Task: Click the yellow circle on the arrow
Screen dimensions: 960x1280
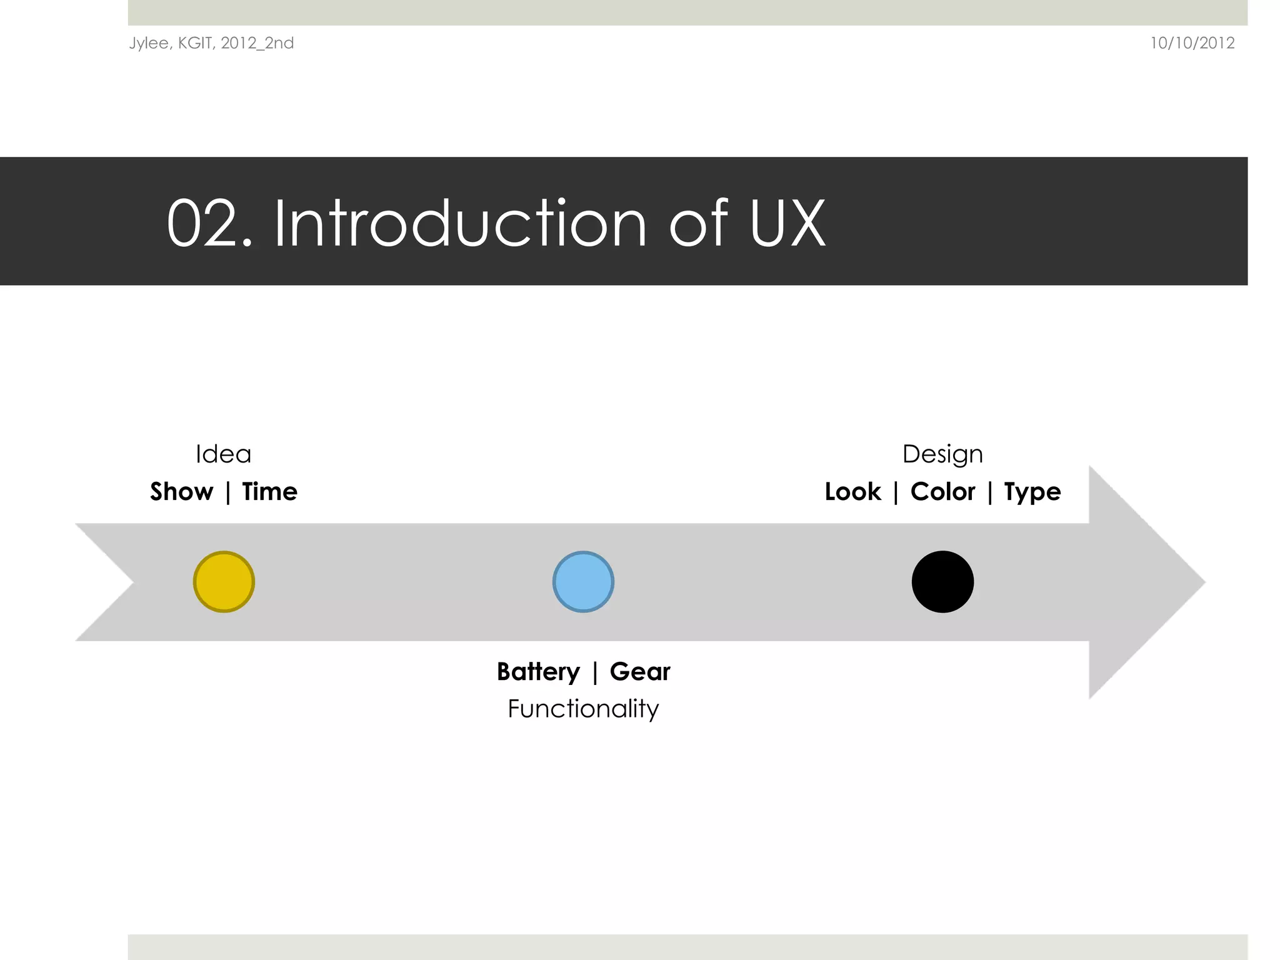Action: pos(224,582)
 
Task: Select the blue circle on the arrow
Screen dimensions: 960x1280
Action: pos(583,582)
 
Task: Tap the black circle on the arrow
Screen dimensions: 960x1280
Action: pos(942,582)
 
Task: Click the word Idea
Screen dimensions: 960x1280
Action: pos(223,454)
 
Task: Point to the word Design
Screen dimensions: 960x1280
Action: pos(942,454)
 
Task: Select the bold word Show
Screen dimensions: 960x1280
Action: pos(182,492)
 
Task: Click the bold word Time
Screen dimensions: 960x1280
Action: pos(269,492)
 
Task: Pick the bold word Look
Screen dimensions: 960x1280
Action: pos(852,492)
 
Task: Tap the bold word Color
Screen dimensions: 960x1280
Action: pos(942,492)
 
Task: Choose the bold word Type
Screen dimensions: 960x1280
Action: pos(1032,492)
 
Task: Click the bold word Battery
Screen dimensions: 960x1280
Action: pos(538,672)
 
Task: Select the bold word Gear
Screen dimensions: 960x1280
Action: pos(640,672)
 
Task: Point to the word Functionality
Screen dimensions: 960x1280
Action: pos(583,709)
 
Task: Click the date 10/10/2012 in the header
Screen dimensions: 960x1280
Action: pos(1192,43)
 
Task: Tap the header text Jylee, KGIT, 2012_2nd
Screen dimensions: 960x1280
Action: pos(211,43)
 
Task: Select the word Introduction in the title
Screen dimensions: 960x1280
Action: pos(460,224)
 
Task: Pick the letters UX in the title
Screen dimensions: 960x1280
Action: pos(787,224)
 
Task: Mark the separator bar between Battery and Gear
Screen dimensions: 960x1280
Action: pos(595,672)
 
